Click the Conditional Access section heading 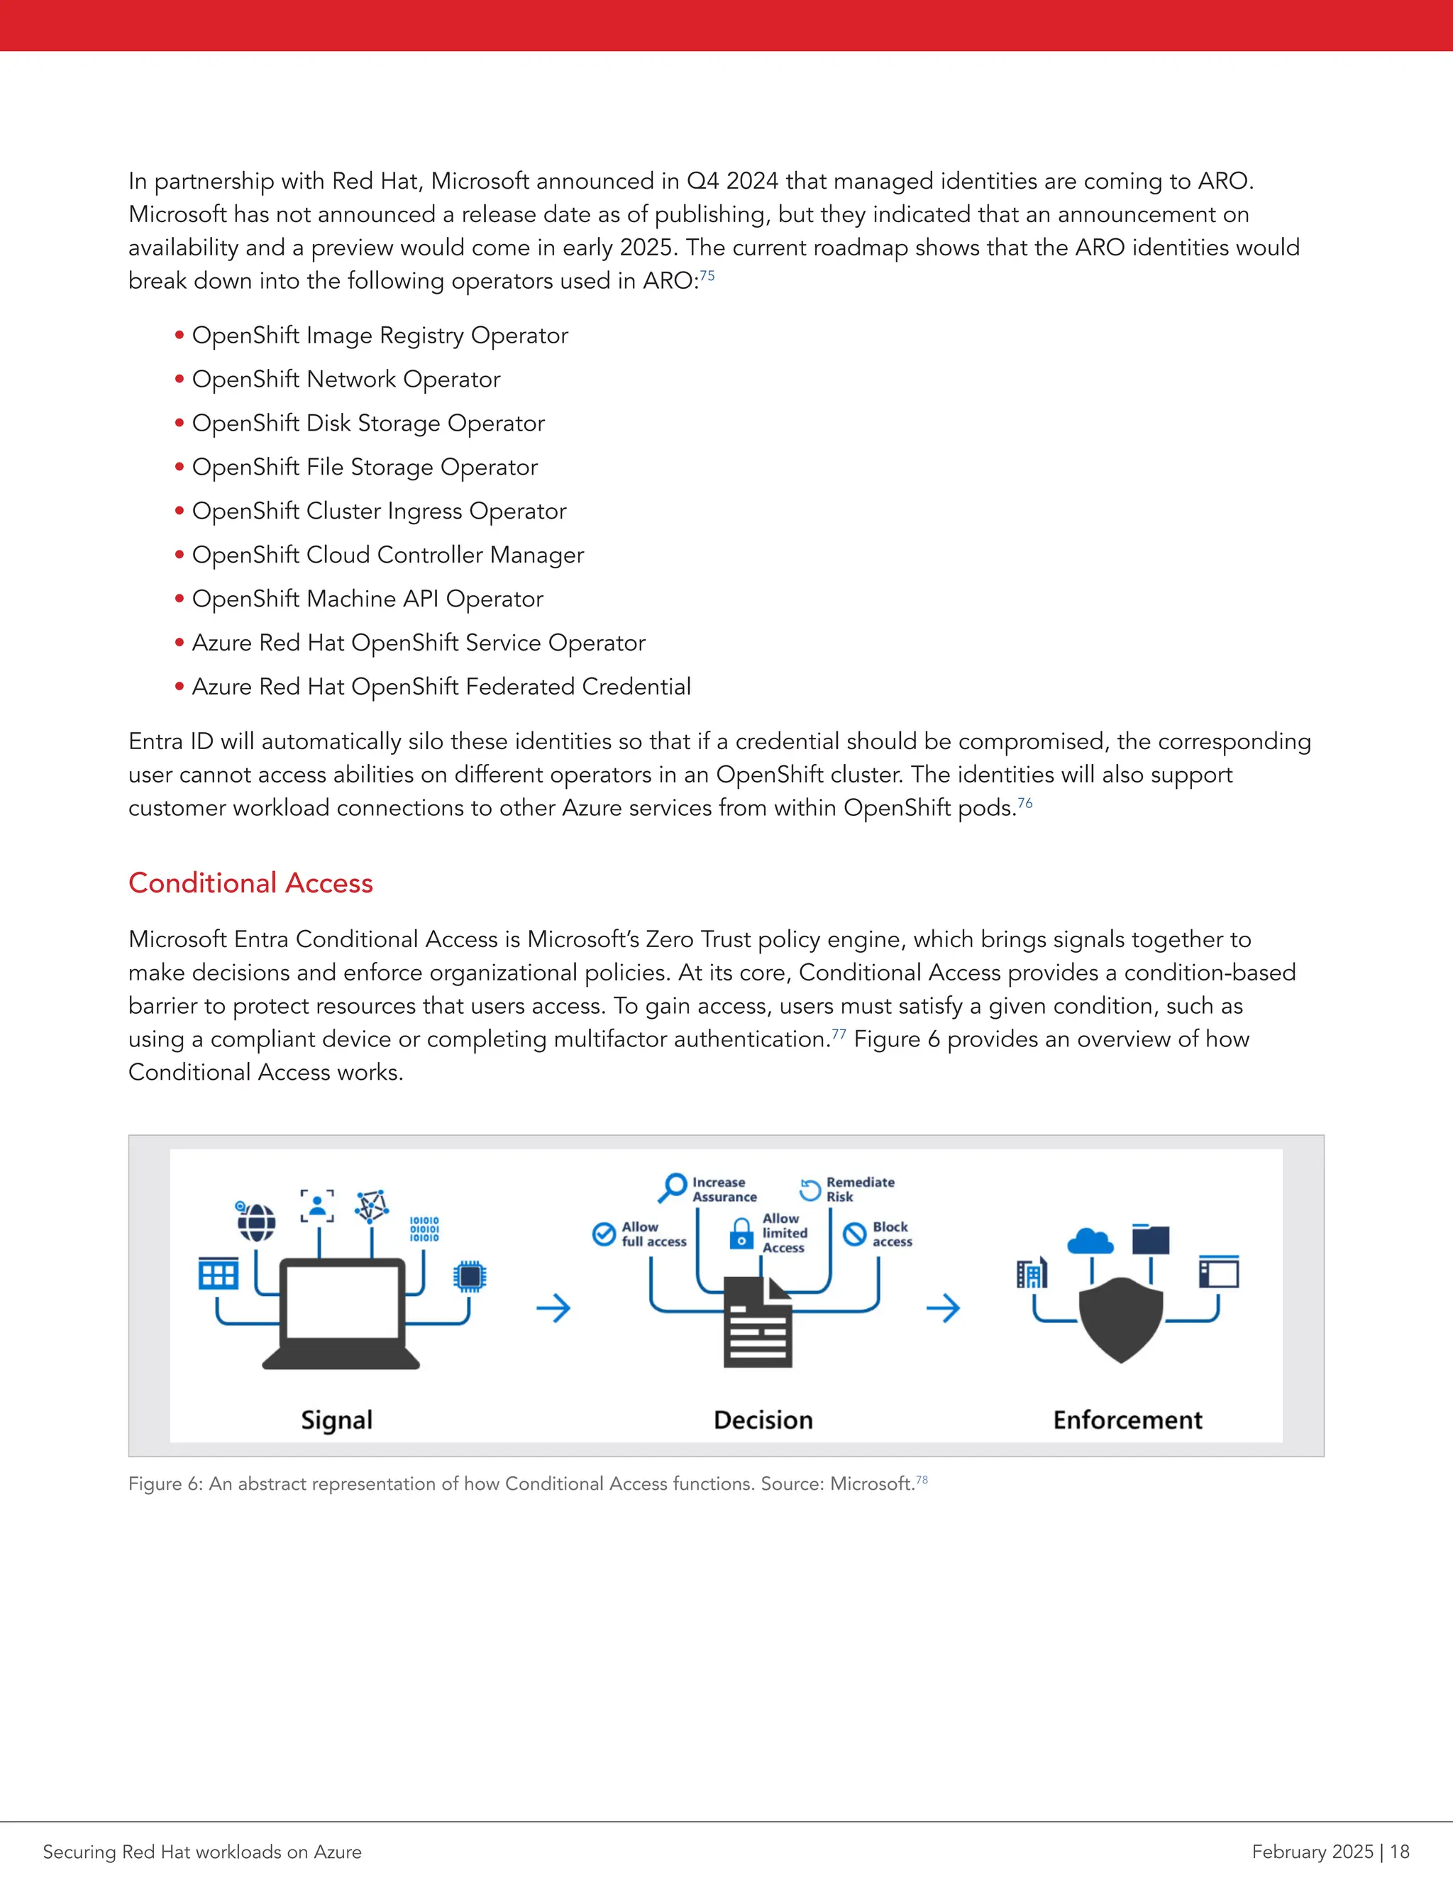(250, 883)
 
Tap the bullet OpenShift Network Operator (346, 380)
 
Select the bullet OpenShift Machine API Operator (368, 599)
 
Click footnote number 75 (707, 275)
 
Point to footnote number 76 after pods (1025, 802)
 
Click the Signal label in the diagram (336, 1420)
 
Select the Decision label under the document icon (763, 1420)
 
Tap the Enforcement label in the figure (1127, 1420)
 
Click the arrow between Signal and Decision (553, 1308)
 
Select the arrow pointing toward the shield (944, 1308)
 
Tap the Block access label (892, 1234)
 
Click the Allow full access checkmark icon (604, 1234)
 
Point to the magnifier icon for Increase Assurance (673, 1187)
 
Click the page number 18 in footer (1400, 1852)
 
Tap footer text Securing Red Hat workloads (202, 1852)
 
